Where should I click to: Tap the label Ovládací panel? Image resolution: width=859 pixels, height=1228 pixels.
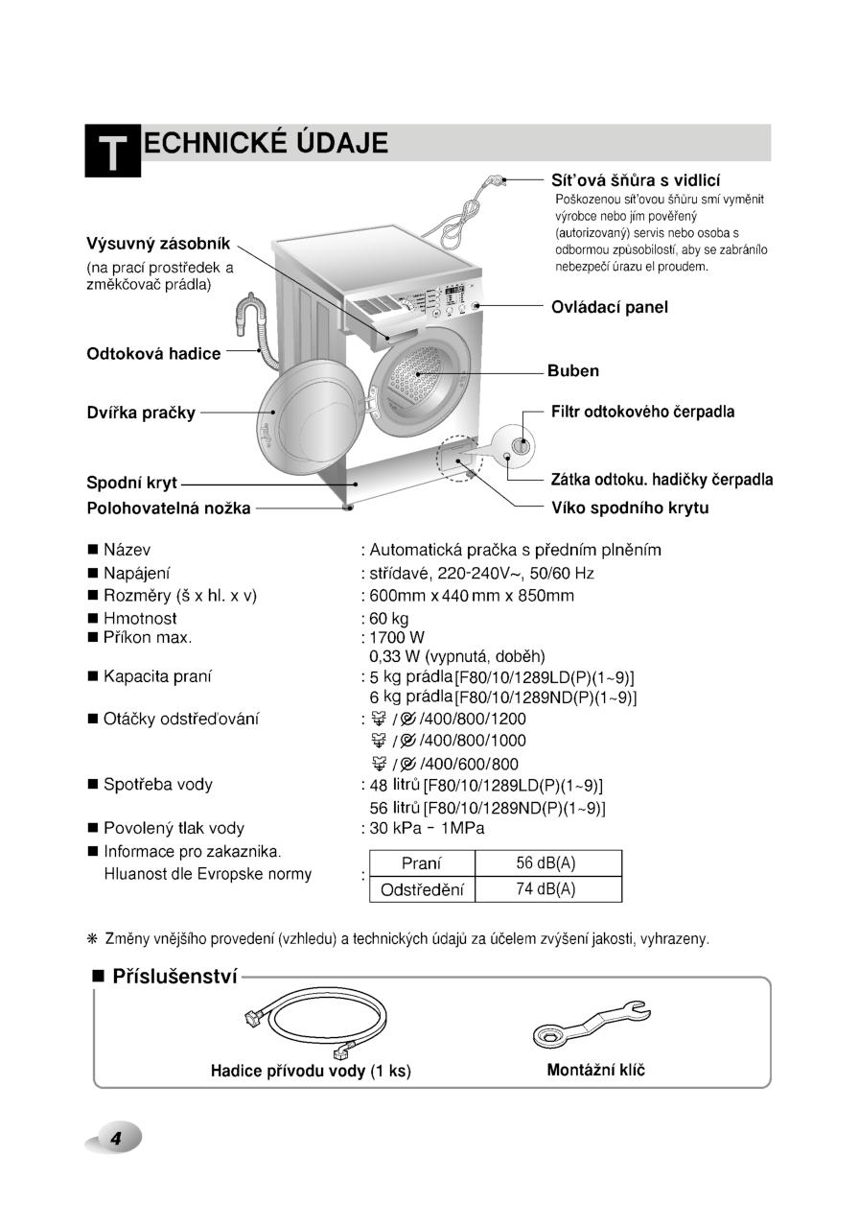609,307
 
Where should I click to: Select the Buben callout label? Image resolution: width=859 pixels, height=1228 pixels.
573,371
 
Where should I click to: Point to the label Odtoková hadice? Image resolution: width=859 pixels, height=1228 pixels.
153,353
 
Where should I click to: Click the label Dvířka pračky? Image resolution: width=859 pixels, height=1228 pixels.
141,413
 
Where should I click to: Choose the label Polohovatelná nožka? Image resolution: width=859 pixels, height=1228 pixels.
169,508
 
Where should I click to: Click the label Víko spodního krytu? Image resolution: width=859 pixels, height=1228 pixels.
630,508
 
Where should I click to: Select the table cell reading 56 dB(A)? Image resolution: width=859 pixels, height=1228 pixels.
544,863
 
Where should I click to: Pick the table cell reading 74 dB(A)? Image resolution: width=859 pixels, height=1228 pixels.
544,889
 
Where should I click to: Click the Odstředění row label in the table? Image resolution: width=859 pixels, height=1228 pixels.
422,889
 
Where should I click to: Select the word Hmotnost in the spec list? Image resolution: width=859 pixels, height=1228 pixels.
140,619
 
